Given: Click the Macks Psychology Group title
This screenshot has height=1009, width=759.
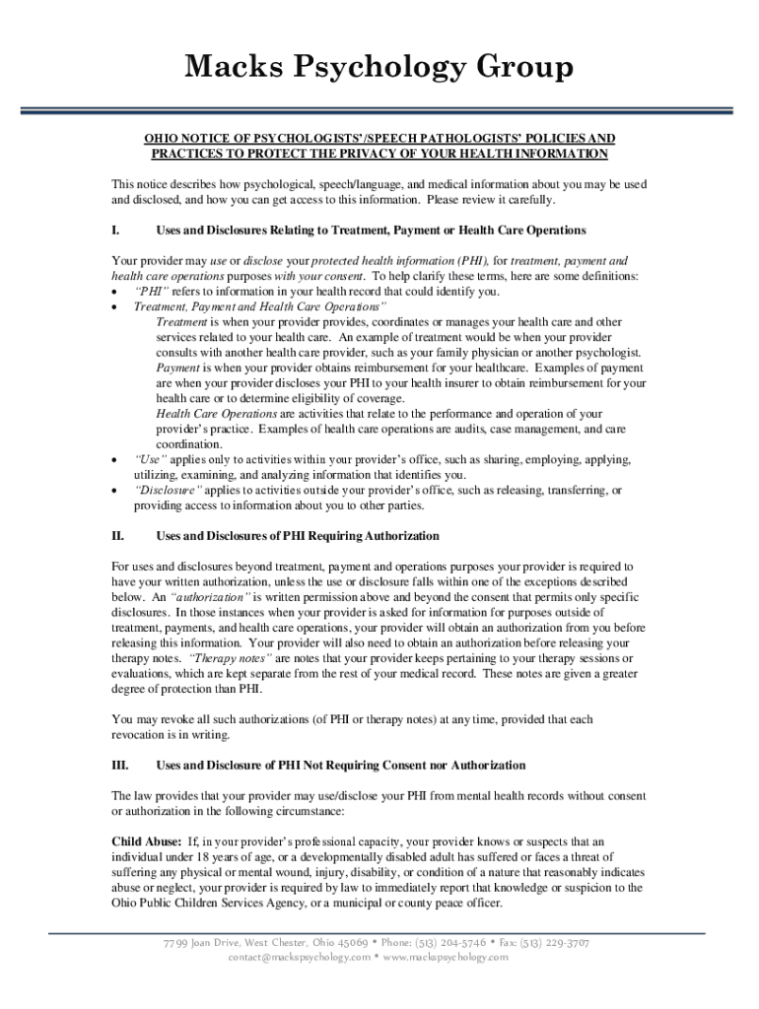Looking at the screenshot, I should (379, 69).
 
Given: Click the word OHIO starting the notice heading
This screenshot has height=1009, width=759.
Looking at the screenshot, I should (163, 139).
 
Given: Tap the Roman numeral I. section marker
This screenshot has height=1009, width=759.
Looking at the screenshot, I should (116, 230).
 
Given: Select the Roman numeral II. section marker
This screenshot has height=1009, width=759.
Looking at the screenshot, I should (117, 536).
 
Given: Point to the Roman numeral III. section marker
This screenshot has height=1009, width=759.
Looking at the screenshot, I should (119, 765).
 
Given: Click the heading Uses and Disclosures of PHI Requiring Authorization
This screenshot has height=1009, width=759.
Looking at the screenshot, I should (298, 536).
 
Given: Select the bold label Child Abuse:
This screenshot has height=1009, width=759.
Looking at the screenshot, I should (146, 841).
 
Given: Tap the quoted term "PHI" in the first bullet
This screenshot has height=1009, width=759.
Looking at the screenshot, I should (152, 292).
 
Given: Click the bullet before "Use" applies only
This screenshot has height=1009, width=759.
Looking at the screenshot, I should (117, 460).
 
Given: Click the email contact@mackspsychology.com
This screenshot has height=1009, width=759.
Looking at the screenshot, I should (300, 957).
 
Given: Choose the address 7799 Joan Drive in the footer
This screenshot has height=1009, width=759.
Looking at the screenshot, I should (202, 942).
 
